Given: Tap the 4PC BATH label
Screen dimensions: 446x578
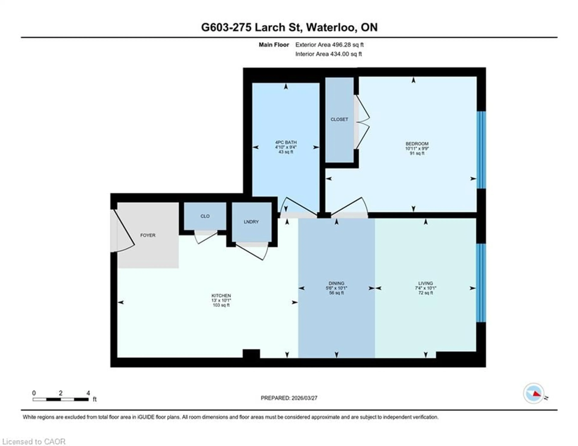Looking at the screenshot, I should click(286, 142).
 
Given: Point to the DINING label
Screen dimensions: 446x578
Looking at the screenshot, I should click(336, 283).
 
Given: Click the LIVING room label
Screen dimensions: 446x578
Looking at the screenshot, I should click(426, 283).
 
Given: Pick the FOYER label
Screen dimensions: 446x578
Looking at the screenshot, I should click(148, 235).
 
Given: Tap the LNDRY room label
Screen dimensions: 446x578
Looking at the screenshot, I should click(251, 222).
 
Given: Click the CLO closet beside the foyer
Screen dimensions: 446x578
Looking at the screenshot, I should click(205, 216).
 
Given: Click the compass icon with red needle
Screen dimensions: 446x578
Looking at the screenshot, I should click(534, 393).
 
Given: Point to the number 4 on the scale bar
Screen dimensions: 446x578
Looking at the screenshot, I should click(88, 393).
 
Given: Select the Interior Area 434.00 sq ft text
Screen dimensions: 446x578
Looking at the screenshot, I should click(328, 54).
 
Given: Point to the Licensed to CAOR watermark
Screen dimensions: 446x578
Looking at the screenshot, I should click(34, 441).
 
